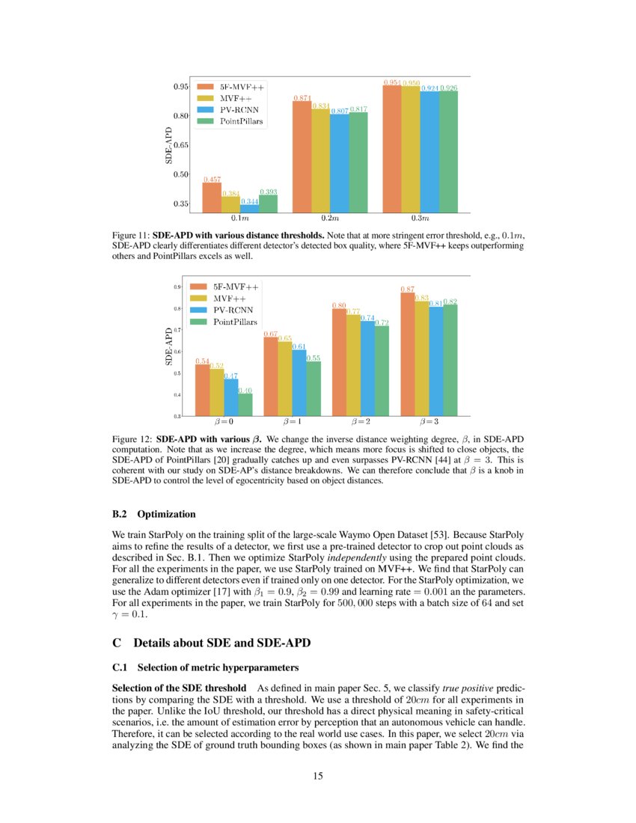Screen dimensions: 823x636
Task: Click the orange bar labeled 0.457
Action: click(x=212, y=198)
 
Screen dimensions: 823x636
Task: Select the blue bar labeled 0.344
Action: click(x=249, y=208)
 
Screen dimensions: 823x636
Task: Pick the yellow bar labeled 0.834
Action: click(x=320, y=161)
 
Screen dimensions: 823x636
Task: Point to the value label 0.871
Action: click(x=302, y=98)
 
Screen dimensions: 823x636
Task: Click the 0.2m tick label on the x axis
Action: click(x=329, y=218)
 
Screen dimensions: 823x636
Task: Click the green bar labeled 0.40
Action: click(x=245, y=404)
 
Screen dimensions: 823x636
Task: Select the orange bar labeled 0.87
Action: click(x=408, y=354)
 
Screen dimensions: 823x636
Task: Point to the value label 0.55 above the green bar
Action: click(x=314, y=358)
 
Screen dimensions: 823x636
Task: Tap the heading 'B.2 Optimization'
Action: click(x=153, y=514)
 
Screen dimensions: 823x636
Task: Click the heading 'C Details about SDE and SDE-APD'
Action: click(x=210, y=643)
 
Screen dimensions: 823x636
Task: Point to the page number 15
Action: click(x=318, y=776)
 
